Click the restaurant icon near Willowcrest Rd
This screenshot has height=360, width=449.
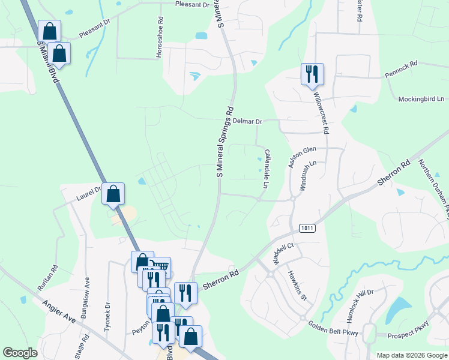click(x=312, y=74)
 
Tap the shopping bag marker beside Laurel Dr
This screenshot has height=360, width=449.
click(x=113, y=194)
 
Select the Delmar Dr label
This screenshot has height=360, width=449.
click(x=248, y=122)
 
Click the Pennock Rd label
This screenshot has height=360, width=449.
click(x=400, y=76)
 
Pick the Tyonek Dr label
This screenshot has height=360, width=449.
click(x=108, y=315)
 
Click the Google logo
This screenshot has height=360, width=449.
click(x=20, y=353)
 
